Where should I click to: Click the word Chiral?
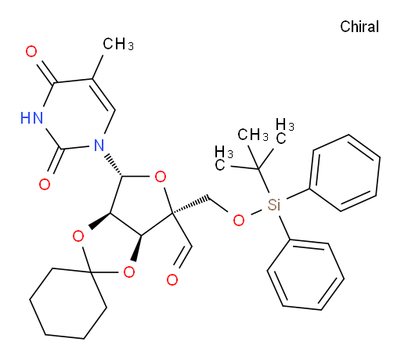point(359,27)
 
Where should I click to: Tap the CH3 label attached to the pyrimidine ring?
point(118,44)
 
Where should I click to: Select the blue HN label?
point(31,118)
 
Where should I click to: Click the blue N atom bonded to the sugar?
point(99,145)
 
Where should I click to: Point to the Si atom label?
point(274,205)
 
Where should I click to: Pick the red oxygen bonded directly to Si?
point(239,221)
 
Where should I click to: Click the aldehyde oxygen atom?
point(172,279)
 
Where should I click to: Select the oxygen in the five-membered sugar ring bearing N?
point(161,177)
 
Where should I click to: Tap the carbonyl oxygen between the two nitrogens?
point(45,184)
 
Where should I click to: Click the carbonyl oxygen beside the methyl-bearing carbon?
point(31,52)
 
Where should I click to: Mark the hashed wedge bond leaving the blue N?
point(114,165)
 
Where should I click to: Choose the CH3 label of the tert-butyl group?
point(253,135)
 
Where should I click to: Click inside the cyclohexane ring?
point(68,304)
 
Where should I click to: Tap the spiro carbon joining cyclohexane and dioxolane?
point(90,272)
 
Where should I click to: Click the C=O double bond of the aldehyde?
point(184,257)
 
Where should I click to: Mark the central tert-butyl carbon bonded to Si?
point(258,169)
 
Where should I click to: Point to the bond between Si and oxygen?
point(256,212)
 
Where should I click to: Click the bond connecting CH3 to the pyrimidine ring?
point(98,67)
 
